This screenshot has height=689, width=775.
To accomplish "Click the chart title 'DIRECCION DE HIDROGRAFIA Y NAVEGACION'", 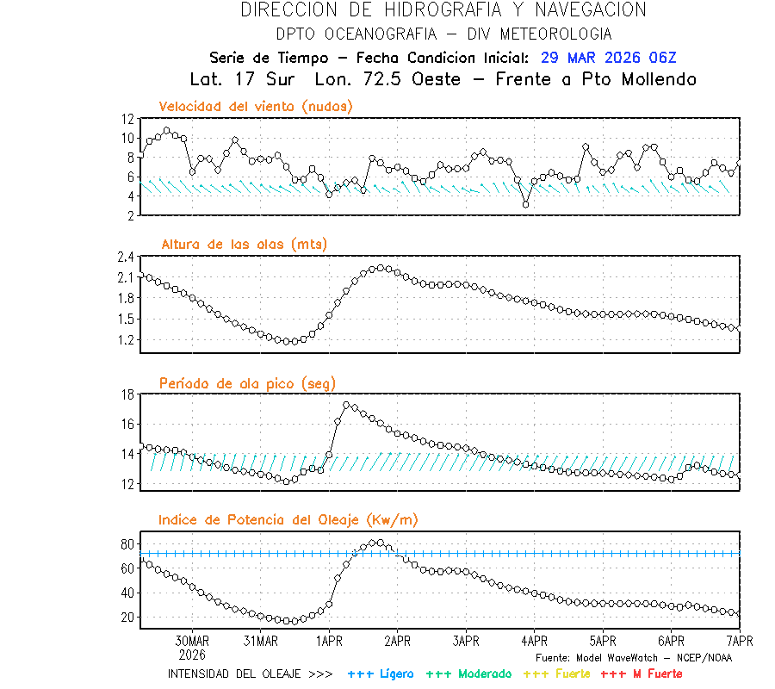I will pos(443,10).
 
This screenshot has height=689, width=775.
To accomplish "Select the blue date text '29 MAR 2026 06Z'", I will pos(609,58).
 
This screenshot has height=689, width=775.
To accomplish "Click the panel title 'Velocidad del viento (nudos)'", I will pos(256,106).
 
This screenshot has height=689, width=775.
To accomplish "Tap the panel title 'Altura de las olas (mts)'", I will pos(244,245).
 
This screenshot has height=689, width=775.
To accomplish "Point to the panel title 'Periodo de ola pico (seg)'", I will pos(247,382).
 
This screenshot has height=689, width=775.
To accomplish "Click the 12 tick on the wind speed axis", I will pos(127,119).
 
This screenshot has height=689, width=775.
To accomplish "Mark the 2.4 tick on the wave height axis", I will pos(125,257).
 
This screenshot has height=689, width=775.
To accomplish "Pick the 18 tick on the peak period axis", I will pos(127,394).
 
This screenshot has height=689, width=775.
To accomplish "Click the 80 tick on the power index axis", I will pos(127,544).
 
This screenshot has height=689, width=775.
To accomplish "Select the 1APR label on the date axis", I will pos(329,641).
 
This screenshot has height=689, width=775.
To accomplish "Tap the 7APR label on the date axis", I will pos(739,641).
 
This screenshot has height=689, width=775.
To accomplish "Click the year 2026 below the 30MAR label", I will pos(192,654).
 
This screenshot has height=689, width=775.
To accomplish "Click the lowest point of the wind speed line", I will pos(526,204).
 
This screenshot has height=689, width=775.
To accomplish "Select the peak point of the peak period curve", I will pos(346,404).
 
